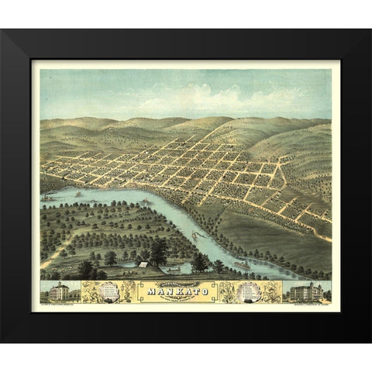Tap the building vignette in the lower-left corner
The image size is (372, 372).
point(59,291)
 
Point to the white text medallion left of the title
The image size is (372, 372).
point(110,291)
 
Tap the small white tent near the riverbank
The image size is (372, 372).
point(143,264)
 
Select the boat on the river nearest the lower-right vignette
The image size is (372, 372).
point(241,266)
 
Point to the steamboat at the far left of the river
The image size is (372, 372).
point(48,198)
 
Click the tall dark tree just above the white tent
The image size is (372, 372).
point(159,250)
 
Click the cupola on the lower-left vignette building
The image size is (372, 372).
point(59,284)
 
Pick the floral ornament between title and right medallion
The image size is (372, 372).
point(228,291)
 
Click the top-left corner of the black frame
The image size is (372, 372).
point(5,33)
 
